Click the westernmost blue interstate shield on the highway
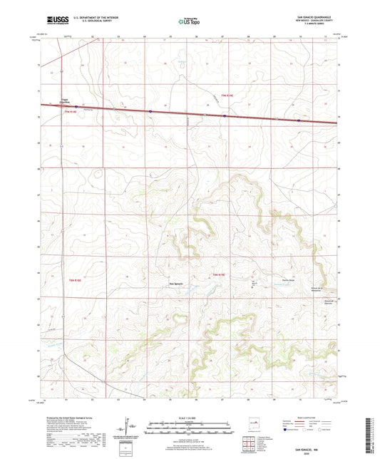coord(151,111)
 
